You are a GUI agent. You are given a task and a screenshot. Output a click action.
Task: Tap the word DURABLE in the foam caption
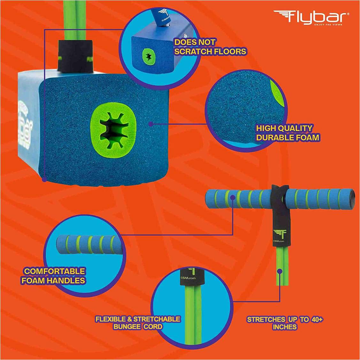tap(276, 138)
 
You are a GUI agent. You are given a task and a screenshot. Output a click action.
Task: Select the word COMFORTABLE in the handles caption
tap(55, 271)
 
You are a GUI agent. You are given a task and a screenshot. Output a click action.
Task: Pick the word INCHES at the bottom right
tap(285, 327)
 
